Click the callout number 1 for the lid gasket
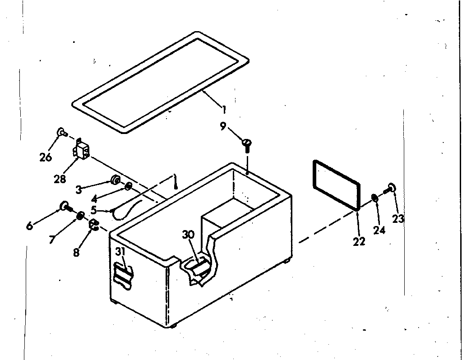224,109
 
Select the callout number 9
223,126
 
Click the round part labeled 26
60,132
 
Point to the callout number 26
46,157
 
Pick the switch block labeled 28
81,150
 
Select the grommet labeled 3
115,181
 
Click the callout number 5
93,210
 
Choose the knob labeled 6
65,207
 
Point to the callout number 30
188,235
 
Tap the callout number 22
359,241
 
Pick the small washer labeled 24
374,198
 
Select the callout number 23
398,219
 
